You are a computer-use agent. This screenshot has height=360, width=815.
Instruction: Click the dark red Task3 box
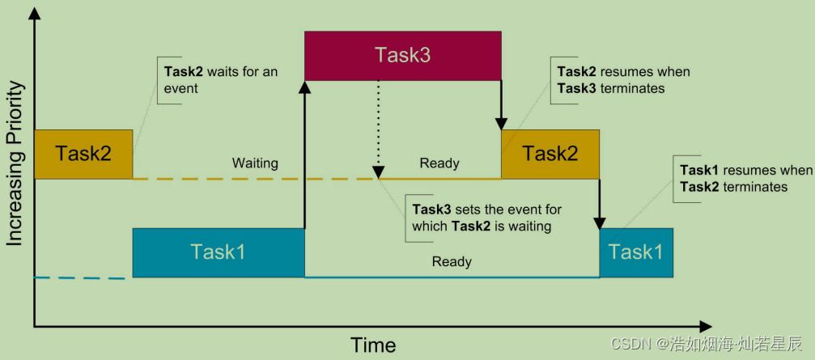[402, 55]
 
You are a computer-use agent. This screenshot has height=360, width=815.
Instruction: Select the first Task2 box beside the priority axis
[83, 154]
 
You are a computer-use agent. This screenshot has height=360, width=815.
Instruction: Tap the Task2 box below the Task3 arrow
[550, 154]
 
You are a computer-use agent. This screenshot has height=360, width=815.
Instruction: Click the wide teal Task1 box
[219, 252]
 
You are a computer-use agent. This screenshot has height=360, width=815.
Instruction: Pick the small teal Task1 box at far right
[636, 252]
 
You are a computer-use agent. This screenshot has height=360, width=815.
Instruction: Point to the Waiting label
[255, 163]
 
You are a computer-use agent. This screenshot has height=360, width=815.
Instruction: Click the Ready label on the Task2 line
[439, 163]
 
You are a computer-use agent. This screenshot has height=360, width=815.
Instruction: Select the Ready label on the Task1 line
[452, 262]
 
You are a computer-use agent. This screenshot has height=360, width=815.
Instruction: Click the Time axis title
[373, 345]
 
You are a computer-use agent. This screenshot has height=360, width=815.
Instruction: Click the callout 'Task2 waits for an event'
[221, 79]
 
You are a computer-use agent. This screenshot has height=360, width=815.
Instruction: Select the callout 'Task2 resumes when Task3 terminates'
[623, 79]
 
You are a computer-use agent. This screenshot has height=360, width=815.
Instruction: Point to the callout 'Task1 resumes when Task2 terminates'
[745, 178]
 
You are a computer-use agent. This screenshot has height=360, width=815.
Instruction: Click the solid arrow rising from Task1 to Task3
[305, 154]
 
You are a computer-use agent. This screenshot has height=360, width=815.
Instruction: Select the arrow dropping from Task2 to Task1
[600, 202]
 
